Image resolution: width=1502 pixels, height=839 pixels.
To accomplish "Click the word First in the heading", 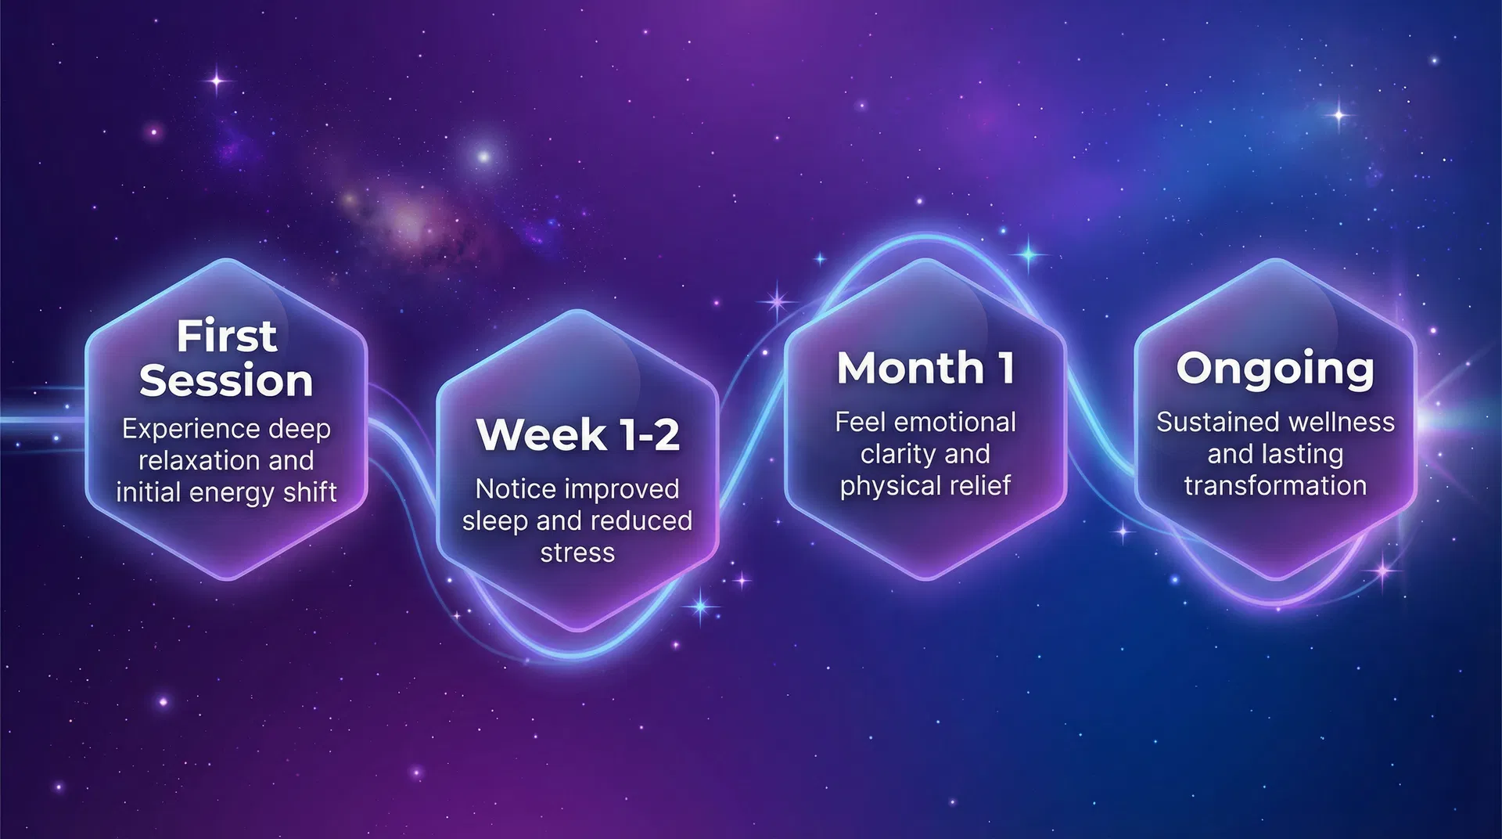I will click(226, 337).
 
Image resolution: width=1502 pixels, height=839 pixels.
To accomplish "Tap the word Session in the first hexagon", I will click(226, 381).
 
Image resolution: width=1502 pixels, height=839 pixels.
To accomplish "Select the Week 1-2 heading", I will click(577, 434).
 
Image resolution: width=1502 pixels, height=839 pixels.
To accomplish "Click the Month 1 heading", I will click(925, 368).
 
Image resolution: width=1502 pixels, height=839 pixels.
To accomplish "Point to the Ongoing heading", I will click(1274, 369).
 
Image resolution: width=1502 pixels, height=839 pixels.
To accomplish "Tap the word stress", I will click(577, 553).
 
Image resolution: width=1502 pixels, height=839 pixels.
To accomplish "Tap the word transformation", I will click(1275, 486).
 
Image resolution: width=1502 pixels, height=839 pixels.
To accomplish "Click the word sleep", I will click(492, 520).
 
